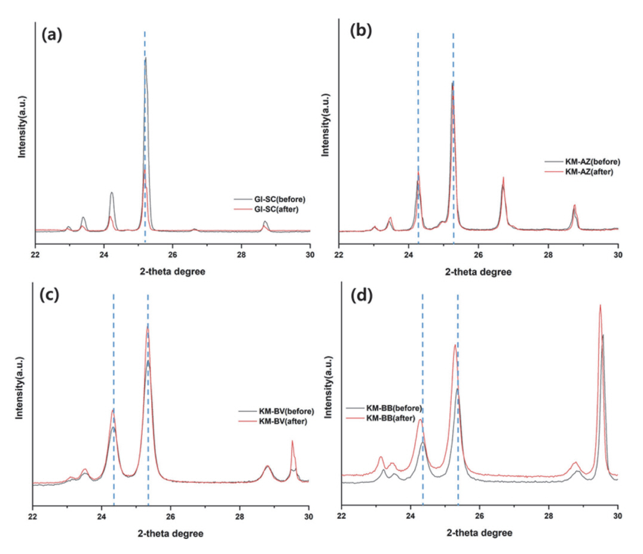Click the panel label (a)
click(x=52, y=35)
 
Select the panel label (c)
click(x=49, y=296)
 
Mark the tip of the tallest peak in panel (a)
click(x=145, y=58)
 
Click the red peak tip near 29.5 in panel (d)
click(x=600, y=305)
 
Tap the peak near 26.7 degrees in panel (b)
click(x=503, y=178)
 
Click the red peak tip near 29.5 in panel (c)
click(x=292, y=441)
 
